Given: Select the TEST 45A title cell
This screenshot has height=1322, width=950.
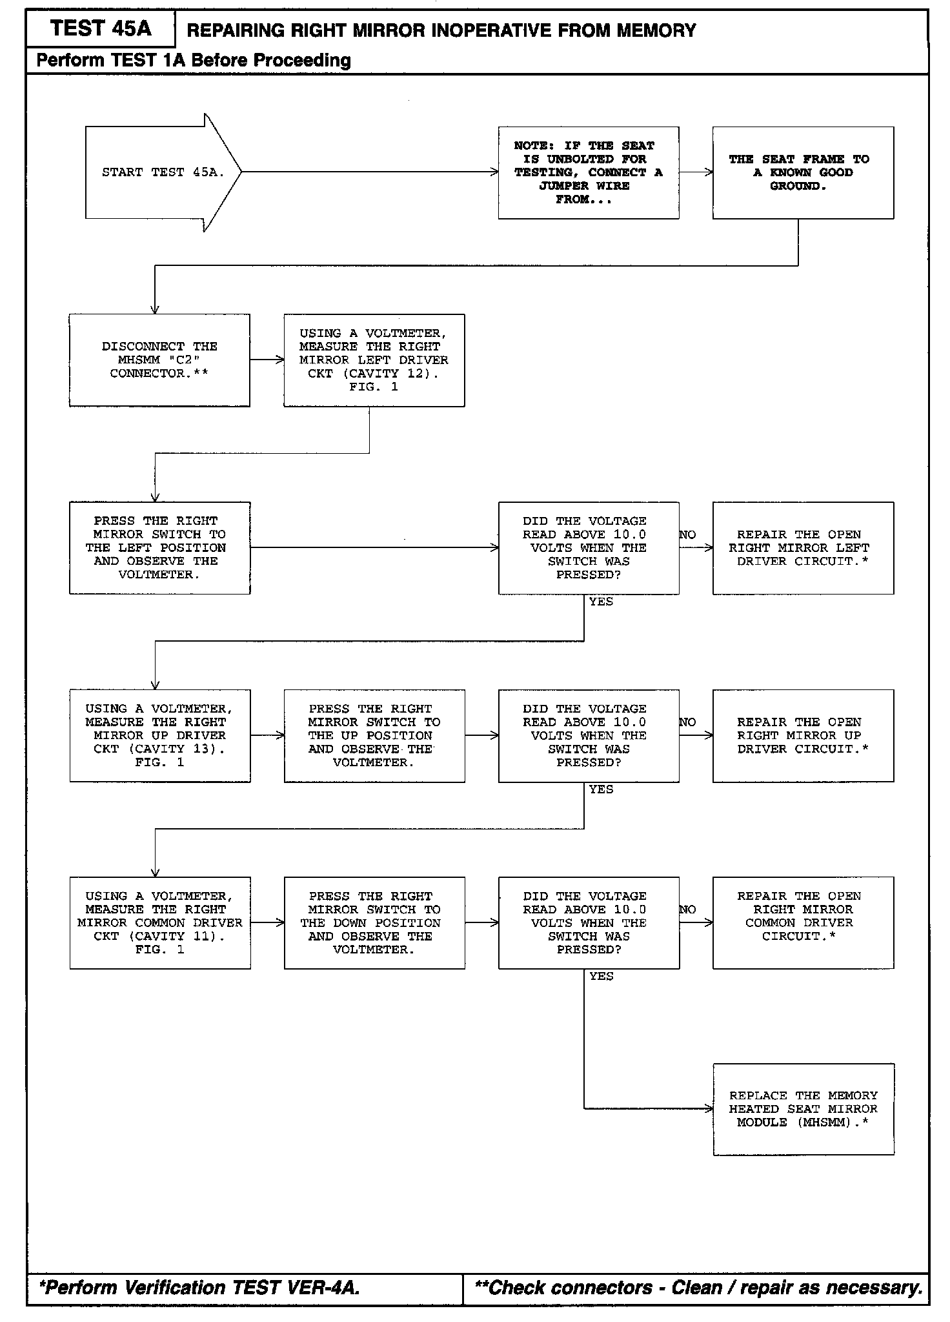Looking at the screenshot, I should tap(101, 28).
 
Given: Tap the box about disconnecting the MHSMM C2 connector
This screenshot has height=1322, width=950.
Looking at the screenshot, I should tap(159, 360).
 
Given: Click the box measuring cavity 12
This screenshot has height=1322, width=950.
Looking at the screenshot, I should tap(374, 360).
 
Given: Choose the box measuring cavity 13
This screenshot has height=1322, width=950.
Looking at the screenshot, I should tap(159, 735).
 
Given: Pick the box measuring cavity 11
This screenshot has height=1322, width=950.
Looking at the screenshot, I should tap(159, 922).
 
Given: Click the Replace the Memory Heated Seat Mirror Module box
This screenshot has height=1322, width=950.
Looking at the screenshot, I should tap(803, 1108).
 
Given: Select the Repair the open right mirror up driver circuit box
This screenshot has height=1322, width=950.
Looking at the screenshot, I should tap(803, 735).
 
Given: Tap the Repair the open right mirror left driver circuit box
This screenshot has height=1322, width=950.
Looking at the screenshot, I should tap(803, 547).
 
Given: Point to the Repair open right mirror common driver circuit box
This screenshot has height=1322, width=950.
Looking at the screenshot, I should tap(803, 922).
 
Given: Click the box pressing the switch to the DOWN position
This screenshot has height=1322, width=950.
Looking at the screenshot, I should tap(374, 922).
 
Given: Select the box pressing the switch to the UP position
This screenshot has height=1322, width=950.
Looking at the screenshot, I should tap(374, 735).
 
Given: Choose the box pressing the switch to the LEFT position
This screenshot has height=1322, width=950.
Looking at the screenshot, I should tap(159, 547).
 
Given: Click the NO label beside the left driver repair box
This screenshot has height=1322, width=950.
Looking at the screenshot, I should tap(687, 534).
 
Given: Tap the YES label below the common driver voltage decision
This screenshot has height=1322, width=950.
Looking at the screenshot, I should tap(601, 976).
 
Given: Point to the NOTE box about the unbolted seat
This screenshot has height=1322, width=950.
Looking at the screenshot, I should tap(588, 172).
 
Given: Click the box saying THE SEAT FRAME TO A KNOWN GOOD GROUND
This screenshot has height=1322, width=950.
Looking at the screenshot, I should tap(803, 172).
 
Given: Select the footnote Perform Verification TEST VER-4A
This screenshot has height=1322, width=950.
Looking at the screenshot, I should tap(199, 1288).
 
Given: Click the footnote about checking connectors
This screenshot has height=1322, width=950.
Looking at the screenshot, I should tap(698, 1288).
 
